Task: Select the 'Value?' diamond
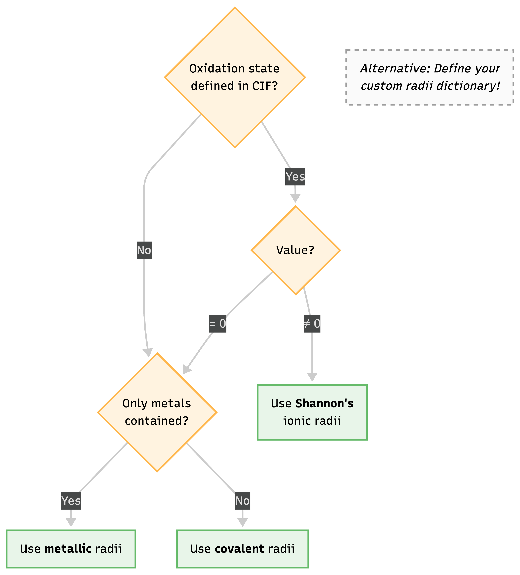coord(295,250)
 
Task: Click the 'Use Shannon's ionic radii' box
coord(312,412)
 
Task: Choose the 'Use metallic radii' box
coord(71,549)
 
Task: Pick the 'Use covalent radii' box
coord(242,549)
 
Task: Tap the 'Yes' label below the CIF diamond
coord(295,176)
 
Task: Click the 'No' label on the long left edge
coord(144,250)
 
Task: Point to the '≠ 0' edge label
coord(312,324)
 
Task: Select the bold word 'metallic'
coord(68,549)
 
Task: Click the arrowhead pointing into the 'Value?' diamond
coord(295,198)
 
